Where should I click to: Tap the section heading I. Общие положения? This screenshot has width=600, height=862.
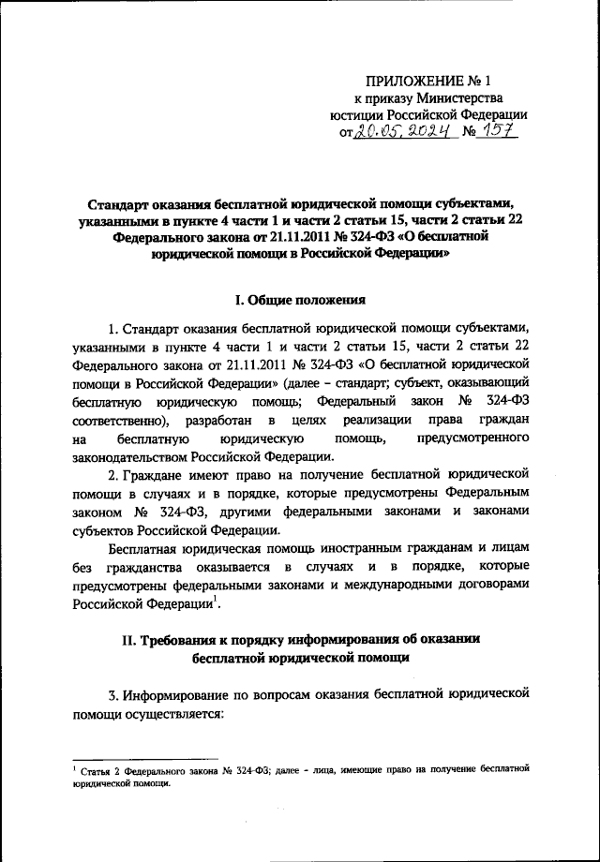pyautogui.click(x=299, y=301)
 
